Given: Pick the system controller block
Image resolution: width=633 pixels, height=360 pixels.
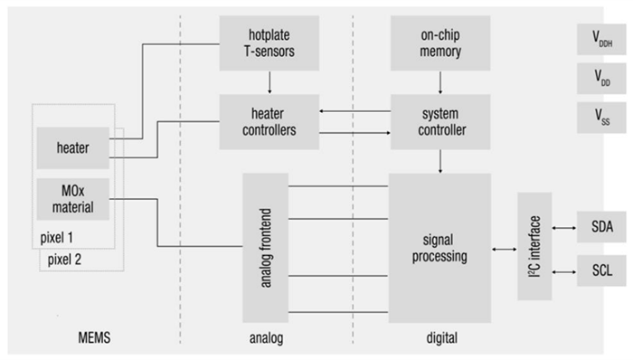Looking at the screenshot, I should point(439,122).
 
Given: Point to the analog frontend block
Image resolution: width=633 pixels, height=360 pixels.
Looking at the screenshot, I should point(264,247).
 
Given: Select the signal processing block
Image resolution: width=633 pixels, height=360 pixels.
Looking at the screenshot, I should point(439,247).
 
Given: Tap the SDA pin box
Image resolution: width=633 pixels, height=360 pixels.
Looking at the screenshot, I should point(600,226).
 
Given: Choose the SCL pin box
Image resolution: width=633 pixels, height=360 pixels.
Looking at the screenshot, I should point(600,269).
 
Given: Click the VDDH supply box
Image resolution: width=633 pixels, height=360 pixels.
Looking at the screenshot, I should point(600,39).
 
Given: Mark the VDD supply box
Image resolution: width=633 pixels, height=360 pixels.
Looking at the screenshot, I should point(600,79).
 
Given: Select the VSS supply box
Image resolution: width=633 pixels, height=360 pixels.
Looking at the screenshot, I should point(600,118).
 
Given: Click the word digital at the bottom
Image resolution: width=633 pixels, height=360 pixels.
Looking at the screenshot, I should point(439,338).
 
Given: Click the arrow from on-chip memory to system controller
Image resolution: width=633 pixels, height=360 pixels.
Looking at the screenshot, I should point(439,82).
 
